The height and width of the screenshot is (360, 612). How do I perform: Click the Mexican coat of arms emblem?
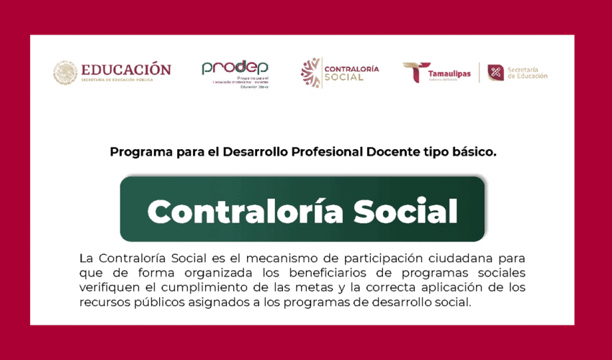click(x=66, y=72)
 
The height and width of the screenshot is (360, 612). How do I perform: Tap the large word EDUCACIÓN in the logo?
click(x=126, y=70)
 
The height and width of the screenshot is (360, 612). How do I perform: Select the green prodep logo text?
click(x=234, y=68)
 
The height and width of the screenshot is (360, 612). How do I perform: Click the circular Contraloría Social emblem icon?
click(x=311, y=73)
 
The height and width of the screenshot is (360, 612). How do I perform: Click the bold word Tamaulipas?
click(x=450, y=73)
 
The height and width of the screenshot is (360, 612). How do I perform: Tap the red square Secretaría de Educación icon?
click(x=495, y=73)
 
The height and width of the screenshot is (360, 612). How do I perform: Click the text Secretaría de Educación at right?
click(x=527, y=73)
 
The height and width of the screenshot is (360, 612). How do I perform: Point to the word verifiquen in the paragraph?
click(x=108, y=288)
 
